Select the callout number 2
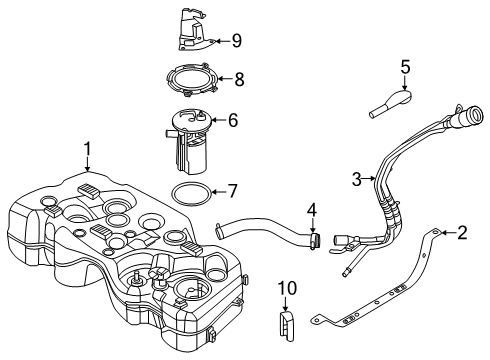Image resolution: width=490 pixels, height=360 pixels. click(461, 234)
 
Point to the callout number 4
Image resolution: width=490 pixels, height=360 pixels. click(311, 211)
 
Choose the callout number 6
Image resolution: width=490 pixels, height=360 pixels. click(232, 120)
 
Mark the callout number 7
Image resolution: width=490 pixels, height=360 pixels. click(232, 190)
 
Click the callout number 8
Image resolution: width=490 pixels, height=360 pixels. click(238, 78)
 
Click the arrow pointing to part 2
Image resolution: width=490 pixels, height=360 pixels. click(446, 234)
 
